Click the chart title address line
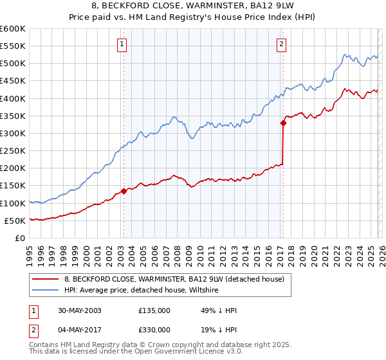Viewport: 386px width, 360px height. coord(192,6)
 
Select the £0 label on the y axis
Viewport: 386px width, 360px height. coord(20,238)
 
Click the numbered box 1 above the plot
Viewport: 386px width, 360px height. coord(122,44)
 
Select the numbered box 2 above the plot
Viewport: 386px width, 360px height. coord(282,44)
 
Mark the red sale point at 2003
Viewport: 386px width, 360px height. coord(124,191)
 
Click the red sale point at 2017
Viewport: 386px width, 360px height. coord(282,123)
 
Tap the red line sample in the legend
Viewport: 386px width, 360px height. coord(45,279)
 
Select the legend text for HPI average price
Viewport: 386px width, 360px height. coord(141,291)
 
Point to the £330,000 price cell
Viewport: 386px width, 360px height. coord(154,330)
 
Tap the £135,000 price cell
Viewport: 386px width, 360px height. coord(154,310)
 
